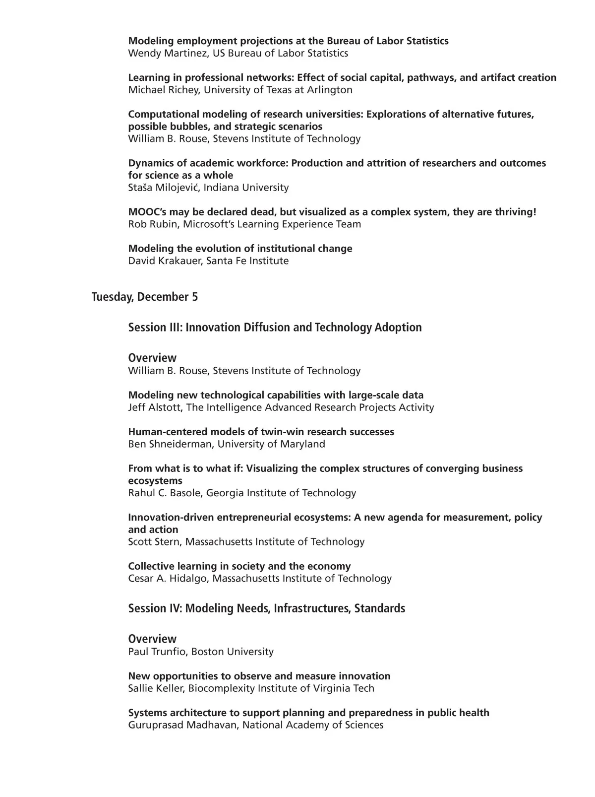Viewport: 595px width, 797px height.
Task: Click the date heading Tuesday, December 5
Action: click(x=145, y=297)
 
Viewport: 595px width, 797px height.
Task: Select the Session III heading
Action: click(x=275, y=328)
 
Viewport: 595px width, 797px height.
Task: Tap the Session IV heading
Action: click(x=266, y=608)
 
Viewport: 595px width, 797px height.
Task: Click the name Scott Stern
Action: click(x=154, y=542)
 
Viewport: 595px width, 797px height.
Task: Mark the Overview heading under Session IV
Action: click(x=152, y=639)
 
